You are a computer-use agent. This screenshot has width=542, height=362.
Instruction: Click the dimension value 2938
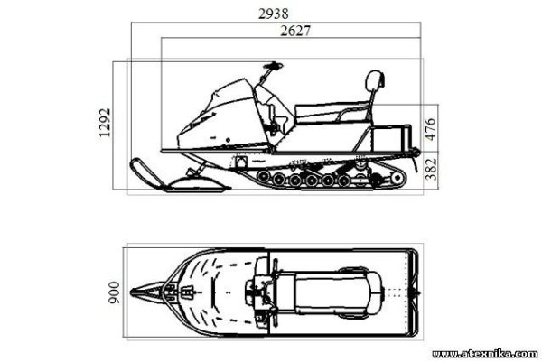274,14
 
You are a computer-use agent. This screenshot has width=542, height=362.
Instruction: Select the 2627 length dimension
295,31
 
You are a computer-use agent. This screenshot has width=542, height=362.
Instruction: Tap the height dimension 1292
105,123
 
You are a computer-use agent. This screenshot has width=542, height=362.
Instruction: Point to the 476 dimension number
430,128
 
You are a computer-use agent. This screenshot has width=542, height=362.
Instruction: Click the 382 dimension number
431,169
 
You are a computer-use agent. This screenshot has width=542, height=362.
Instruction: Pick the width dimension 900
114,292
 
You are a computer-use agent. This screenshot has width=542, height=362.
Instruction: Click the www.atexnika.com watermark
485,354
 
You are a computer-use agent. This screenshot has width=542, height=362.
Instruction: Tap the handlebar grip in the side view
274,66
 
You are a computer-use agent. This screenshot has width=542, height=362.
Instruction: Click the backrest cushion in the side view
375,79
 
